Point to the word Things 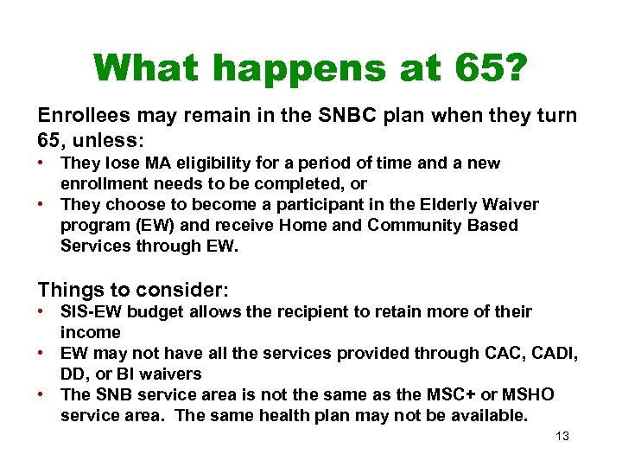pos(67,289)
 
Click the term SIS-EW pos(91,312)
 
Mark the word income pos(91,333)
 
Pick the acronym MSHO pos(528,395)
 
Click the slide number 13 pos(562,437)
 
